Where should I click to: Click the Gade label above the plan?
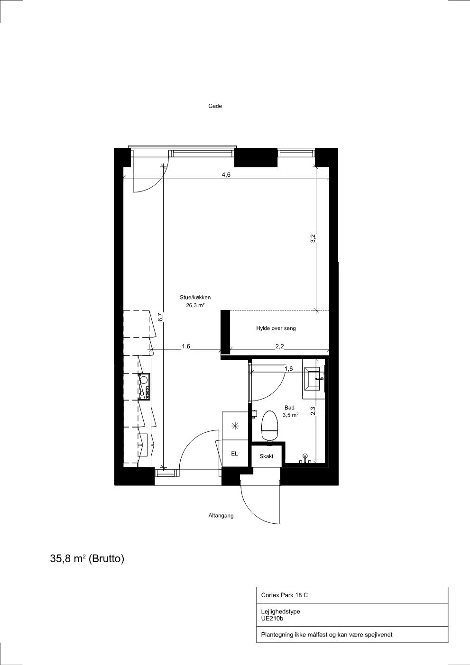pyautogui.click(x=215, y=106)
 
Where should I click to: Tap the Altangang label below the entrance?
pyautogui.click(x=221, y=516)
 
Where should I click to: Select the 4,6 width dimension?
pyautogui.click(x=226, y=175)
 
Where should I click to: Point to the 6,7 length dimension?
pyautogui.click(x=160, y=318)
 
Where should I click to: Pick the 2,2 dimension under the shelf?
pyautogui.click(x=279, y=346)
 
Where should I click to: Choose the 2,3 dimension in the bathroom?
pyautogui.click(x=313, y=410)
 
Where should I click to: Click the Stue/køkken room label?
pyautogui.click(x=195, y=297)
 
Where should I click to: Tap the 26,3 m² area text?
pyautogui.click(x=195, y=305)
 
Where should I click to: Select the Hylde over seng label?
pyautogui.click(x=276, y=328)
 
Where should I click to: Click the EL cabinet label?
pyautogui.click(x=234, y=454)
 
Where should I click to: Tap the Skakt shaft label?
pyautogui.click(x=267, y=456)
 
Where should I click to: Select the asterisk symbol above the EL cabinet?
pyautogui.click(x=235, y=426)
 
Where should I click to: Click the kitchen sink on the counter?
pyautogui.click(x=144, y=380)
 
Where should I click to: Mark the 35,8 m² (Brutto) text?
pyautogui.click(x=87, y=559)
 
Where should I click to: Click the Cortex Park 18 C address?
pyautogui.click(x=284, y=595)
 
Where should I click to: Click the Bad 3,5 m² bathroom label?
pyautogui.click(x=290, y=411)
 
